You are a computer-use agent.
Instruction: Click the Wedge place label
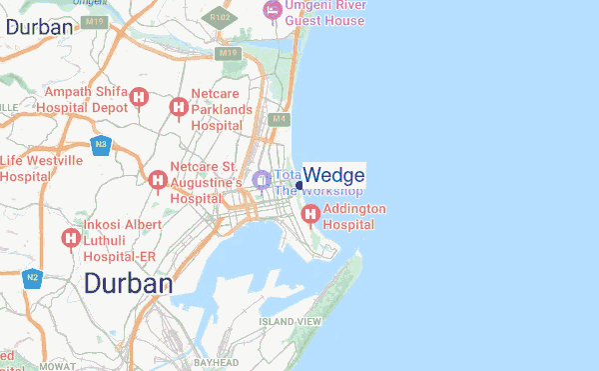pos(333,175)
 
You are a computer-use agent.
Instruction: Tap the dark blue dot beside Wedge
pos(299,185)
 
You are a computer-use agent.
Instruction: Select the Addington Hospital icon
pos(310,213)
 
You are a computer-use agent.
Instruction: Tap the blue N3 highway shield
pos(100,145)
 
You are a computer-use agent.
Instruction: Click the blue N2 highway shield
pos(33,277)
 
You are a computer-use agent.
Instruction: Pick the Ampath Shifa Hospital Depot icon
pos(140,98)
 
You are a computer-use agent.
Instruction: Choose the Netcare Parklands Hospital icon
pos(179,107)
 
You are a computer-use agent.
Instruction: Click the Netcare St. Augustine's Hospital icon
pos(157,180)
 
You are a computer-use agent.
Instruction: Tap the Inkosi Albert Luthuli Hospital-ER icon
pos(71,238)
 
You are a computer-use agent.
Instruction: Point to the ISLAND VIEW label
pos(290,321)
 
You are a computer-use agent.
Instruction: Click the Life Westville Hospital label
pos(41,168)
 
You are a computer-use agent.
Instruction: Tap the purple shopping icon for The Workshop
pos(262,180)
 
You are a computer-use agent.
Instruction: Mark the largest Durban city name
pos(128,284)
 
